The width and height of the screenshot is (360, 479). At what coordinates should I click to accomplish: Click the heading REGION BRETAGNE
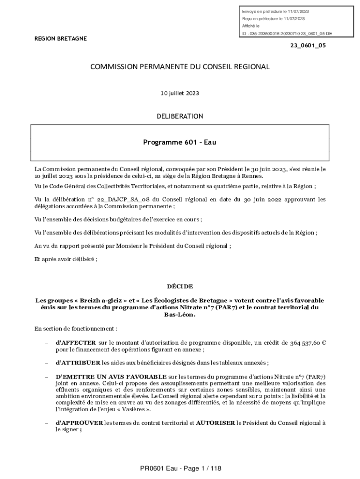tap(61, 39)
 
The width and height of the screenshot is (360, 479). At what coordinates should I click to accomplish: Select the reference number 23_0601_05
tap(308, 46)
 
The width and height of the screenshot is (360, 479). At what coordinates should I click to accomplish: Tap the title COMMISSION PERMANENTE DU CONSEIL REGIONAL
tap(180, 67)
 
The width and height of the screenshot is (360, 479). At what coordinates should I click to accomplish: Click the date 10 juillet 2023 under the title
tap(180, 93)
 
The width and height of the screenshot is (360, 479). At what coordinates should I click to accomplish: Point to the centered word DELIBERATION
tap(180, 116)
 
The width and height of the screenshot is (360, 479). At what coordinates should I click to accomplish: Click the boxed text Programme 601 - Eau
tap(180, 142)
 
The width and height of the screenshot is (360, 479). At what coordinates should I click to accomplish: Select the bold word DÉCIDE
tap(180, 286)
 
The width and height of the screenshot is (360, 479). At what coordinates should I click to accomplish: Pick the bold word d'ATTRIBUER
tap(78, 363)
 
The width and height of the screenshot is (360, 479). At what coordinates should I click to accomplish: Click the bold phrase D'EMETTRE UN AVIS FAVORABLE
tap(111, 377)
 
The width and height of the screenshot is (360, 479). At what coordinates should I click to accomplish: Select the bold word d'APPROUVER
tap(79, 422)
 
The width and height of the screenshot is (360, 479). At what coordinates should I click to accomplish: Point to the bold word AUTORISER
tap(216, 422)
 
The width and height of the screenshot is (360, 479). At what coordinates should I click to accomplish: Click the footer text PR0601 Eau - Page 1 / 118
tap(180, 468)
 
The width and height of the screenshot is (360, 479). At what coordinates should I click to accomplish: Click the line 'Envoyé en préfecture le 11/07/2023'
tap(275, 11)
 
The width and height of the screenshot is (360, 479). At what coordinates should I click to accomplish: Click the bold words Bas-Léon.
tap(180, 314)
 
